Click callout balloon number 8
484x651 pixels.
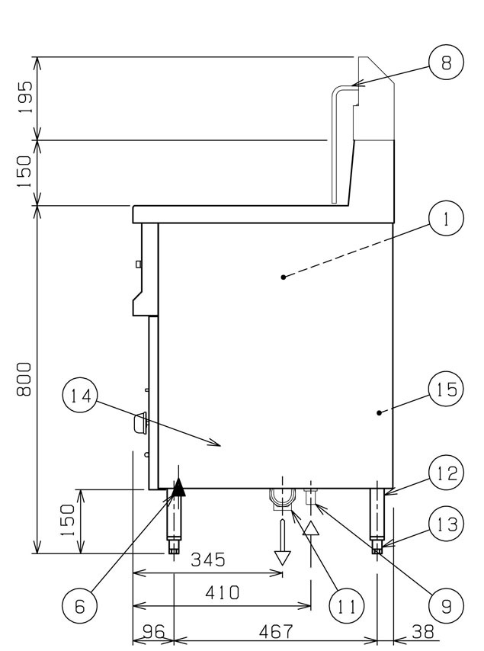pos(446,63)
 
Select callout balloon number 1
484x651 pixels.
pos(446,218)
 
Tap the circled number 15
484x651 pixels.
pos(446,389)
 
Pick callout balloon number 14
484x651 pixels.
pos(80,396)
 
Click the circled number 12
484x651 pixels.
pos(446,473)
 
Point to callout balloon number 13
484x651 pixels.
pos(446,524)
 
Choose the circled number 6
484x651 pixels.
pos(80,606)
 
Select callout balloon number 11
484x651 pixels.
pos(346,606)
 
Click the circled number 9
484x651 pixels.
pos(446,606)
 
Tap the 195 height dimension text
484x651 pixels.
pos(25,98)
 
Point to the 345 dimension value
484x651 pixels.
pos(208,560)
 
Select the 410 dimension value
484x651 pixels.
pos(223,592)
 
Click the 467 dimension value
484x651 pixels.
pos(276,632)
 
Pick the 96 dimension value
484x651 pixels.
pos(154,632)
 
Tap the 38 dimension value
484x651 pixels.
pos(422,632)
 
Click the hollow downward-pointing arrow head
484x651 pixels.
pos(282,557)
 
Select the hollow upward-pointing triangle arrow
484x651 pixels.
pos(310,529)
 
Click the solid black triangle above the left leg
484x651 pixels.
pos(178,487)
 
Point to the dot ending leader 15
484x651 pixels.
pos(379,412)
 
